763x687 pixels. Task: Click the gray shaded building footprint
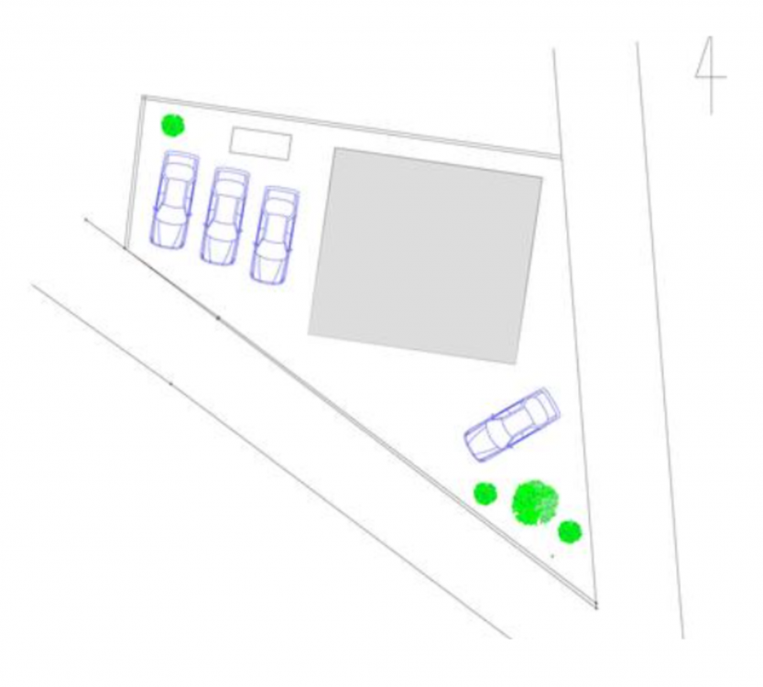(x=425, y=256)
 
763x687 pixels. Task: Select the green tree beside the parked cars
(x=173, y=125)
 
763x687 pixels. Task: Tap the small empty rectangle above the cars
(x=260, y=144)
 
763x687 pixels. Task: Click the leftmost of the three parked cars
(x=174, y=200)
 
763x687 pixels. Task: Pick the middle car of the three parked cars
(x=224, y=216)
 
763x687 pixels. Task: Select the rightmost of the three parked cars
(x=275, y=234)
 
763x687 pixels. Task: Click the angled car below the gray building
(x=512, y=424)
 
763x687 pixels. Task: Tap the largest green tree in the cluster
(x=535, y=503)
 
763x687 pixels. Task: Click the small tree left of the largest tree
(x=485, y=494)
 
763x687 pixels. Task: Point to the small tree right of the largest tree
(x=570, y=532)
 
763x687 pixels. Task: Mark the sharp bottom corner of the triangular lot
(x=596, y=606)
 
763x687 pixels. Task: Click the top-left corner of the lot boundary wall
(x=143, y=97)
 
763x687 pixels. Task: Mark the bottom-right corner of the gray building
(x=516, y=364)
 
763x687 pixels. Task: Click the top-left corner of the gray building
(x=335, y=148)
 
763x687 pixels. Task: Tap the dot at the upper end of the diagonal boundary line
(x=86, y=220)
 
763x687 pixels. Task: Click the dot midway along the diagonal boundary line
(x=218, y=318)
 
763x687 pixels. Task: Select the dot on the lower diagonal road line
(x=170, y=384)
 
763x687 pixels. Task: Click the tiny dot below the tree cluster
(x=552, y=556)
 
